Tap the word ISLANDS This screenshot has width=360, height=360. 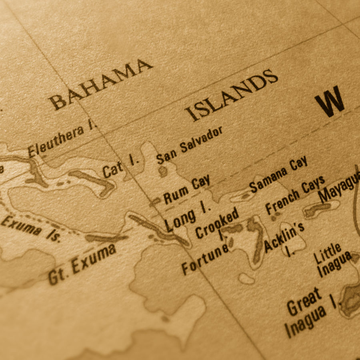232,95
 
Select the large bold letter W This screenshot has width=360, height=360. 329,102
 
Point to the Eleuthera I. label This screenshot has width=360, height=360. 62,140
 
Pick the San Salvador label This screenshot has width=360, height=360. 189,145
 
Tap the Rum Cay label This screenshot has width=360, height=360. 186,189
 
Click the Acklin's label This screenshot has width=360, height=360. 284,237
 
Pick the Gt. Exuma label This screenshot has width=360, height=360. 82,264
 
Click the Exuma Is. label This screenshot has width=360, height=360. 30,229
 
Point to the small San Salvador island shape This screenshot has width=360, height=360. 162,172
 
